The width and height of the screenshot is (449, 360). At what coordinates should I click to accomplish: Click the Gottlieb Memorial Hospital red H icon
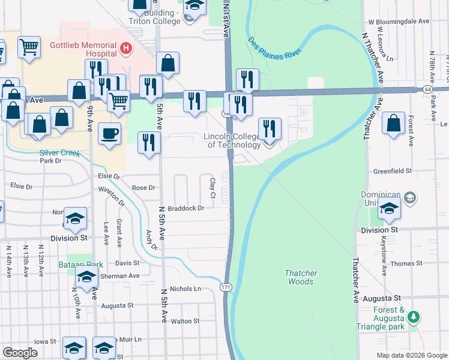tap(126, 47)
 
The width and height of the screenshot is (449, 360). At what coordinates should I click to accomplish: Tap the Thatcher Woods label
tap(300, 277)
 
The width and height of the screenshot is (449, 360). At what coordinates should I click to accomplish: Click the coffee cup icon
tap(109, 134)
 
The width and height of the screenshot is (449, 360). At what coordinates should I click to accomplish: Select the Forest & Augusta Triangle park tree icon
tap(413, 316)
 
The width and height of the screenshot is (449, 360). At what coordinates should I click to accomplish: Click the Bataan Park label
tap(74, 265)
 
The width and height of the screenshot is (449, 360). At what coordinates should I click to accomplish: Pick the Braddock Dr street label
tap(186, 208)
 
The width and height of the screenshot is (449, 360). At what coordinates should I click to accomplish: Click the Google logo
tap(20, 353)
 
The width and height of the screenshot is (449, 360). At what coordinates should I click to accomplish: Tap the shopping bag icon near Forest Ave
tap(393, 123)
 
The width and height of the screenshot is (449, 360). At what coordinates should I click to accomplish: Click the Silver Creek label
tap(60, 153)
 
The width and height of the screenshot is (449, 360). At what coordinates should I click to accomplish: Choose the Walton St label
tap(185, 322)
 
